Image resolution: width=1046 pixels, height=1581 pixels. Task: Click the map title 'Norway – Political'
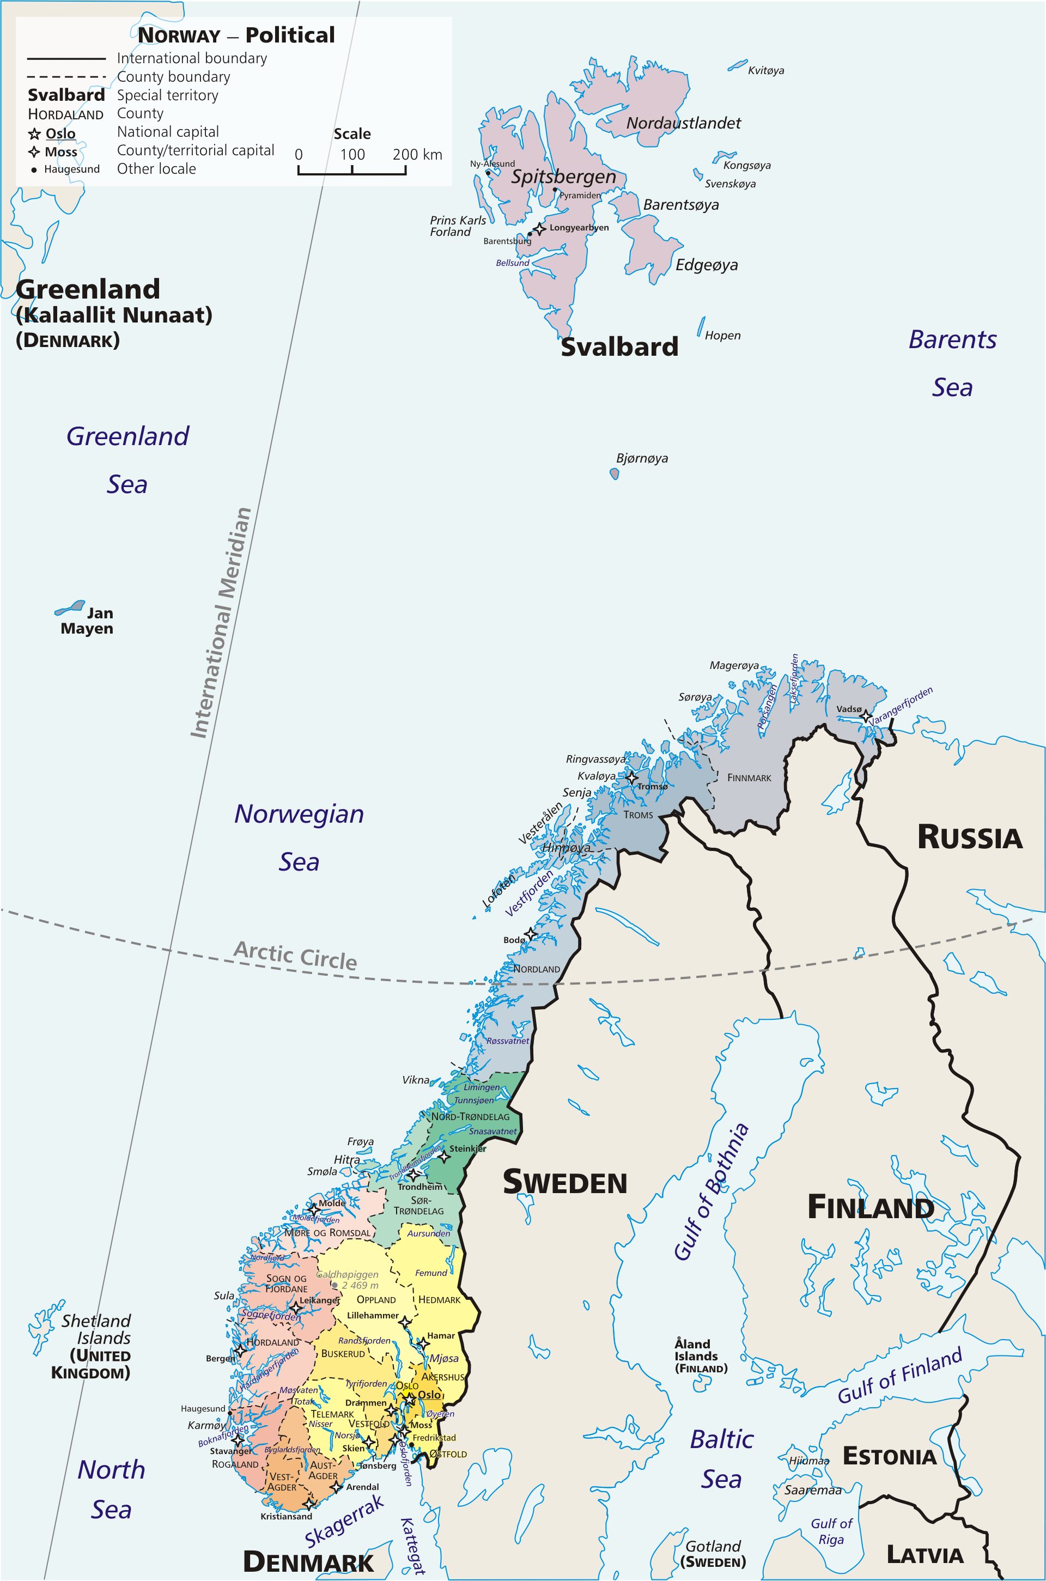236,35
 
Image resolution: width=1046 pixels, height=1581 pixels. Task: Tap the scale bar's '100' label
352,155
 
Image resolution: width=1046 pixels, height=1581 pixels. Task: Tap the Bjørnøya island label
642,458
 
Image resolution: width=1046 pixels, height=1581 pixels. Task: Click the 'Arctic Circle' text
295,955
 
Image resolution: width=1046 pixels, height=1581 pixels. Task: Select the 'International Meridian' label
221,623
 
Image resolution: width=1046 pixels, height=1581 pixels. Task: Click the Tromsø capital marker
631,777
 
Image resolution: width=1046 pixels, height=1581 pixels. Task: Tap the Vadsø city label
849,709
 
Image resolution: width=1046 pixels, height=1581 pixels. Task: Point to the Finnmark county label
749,778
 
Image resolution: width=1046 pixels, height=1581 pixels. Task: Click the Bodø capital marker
530,934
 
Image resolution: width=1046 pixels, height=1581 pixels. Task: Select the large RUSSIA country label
969,838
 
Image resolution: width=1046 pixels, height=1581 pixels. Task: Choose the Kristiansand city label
286,1516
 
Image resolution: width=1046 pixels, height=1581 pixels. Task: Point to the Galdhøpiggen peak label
347,1274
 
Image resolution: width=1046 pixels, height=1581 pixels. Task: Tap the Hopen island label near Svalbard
722,336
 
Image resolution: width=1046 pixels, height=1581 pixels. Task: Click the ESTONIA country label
889,1456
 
